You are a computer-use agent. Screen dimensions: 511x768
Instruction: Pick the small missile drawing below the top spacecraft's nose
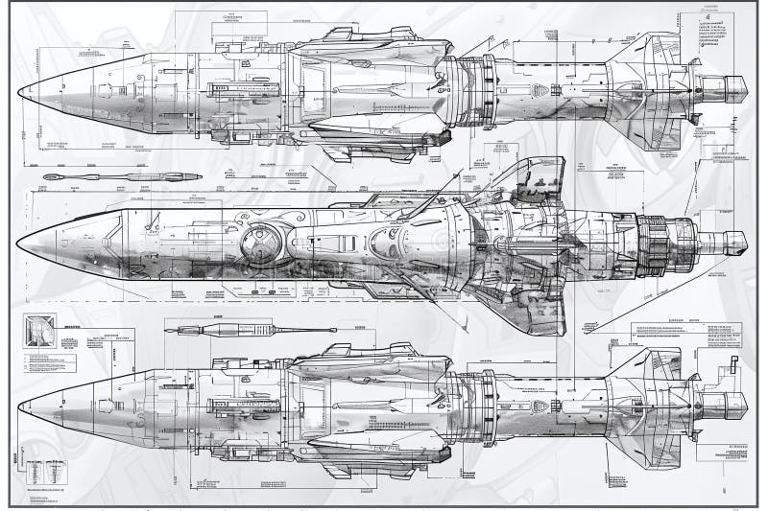point(122,176)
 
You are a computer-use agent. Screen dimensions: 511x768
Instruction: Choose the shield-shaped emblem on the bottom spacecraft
point(539,406)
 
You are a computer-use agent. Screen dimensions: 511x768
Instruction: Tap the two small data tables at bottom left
point(45,472)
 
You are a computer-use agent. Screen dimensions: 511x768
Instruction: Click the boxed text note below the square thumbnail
point(48,363)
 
